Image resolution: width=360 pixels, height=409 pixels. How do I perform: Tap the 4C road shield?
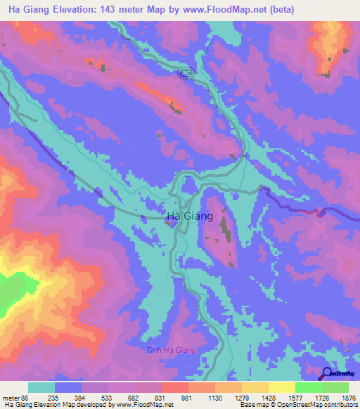pyautogui.click(x=185, y=73)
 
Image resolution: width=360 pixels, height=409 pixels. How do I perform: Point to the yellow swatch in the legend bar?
pyautogui.click(x=281, y=387)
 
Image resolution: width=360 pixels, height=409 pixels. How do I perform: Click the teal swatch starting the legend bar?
pyautogui.click(x=41, y=387)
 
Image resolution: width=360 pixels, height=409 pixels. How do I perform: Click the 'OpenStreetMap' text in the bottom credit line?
pyautogui.click(x=299, y=405)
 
